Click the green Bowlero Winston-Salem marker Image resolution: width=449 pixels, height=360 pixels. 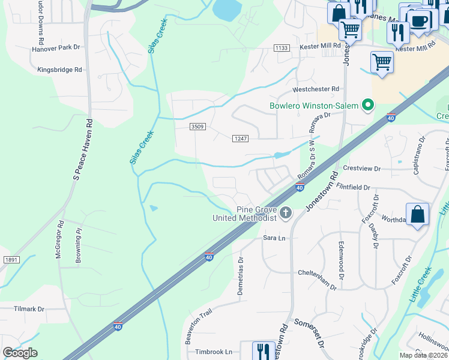(366, 106)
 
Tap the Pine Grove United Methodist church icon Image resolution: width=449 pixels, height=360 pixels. (286, 212)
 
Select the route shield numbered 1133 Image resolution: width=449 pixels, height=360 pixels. (281, 48)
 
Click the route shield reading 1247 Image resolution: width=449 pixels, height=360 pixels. (240, 139)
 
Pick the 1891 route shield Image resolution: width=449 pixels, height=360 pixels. (11, 259)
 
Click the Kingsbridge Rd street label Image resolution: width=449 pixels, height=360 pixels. (59, 70)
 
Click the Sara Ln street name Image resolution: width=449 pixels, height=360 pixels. (274, 238)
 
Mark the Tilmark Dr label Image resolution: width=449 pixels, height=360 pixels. (29, 309)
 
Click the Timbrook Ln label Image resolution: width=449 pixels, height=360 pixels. (212, 352)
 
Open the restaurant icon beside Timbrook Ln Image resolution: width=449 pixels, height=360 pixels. (263, 351)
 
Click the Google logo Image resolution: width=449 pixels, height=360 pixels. (19, 352)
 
